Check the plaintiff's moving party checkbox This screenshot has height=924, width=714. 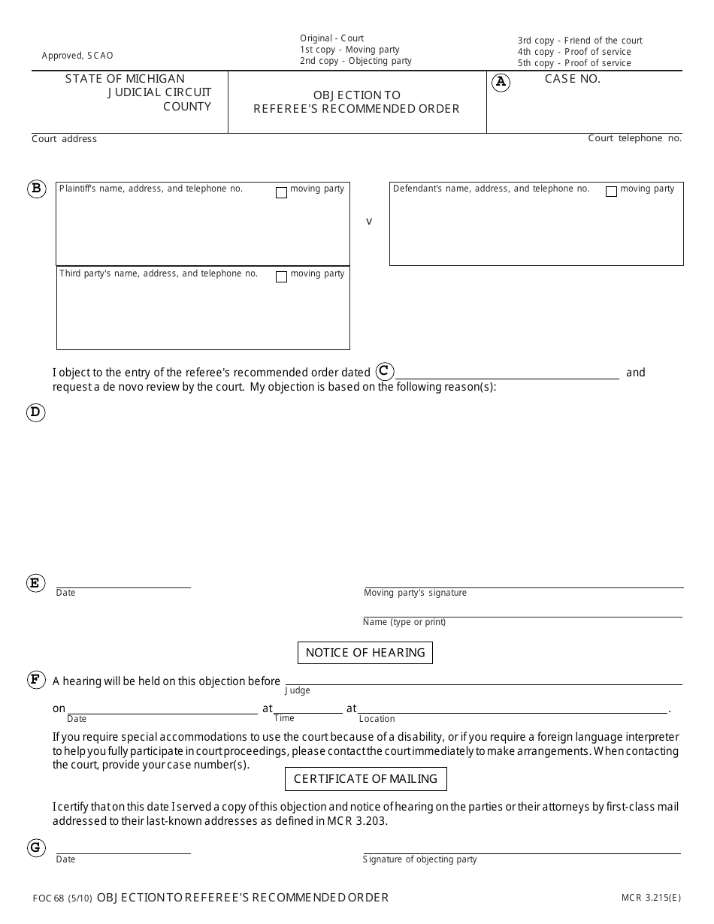(x=281, y=193)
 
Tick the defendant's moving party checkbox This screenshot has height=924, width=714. (x=611, y=192)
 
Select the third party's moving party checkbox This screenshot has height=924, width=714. (x=281, y=277)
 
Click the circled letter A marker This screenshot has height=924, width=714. (x=501, y=83)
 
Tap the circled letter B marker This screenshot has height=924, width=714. (x=36, y=189)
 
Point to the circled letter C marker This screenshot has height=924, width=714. (x=384, y=371)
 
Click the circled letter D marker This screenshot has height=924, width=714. (x=35, y=412)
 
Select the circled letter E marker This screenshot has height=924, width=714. (x=35, y=583)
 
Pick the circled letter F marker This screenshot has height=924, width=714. (x=35, y=681)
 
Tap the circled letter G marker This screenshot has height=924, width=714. (x=35, y=848)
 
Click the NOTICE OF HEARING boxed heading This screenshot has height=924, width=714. (x=365, y=653)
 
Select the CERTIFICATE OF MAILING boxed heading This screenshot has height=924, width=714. (x=365, y=779)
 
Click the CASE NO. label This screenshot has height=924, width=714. (x=572, y=79)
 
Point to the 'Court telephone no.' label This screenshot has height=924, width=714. (x=634, y=138)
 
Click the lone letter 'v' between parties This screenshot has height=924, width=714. (x=369, y=222)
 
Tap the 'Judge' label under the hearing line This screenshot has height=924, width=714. (x=298, y=690)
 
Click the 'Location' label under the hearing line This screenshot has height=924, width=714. (x=377, y=719)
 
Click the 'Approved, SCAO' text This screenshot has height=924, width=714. (x=77, y=56)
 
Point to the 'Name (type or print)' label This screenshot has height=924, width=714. (x=404, y=622)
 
